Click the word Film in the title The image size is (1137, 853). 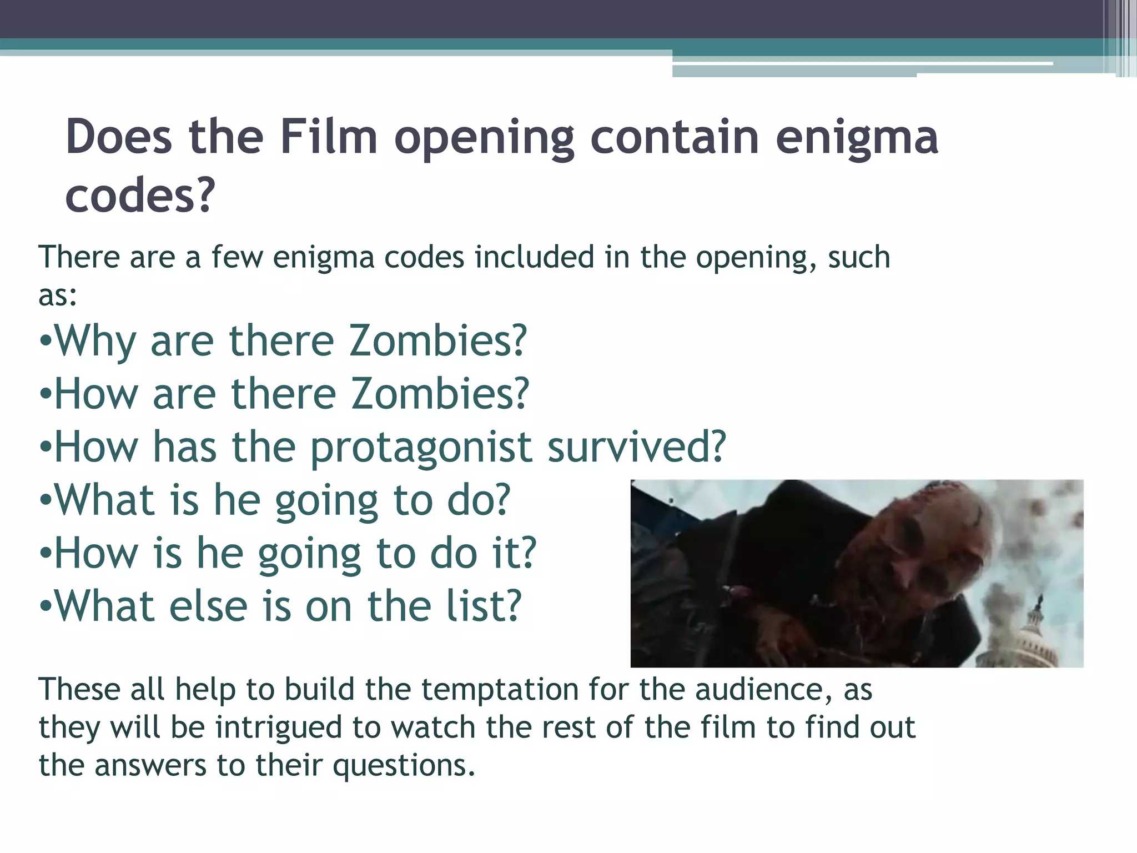(x=329, y=137)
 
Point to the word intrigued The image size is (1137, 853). (x=278, y=729)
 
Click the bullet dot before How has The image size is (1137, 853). (x=46, y=448)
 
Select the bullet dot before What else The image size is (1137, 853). (x=46, y=607)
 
